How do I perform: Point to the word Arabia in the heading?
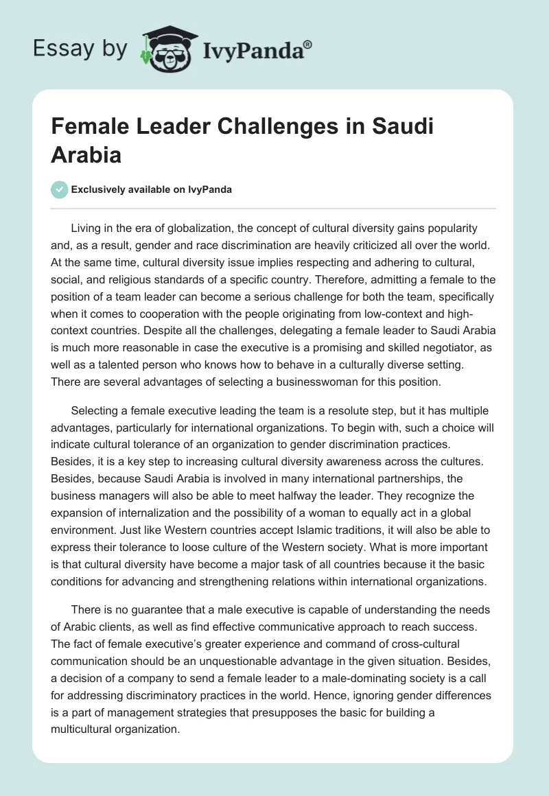tap(86, 154)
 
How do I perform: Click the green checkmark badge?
tap(60, 189)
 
